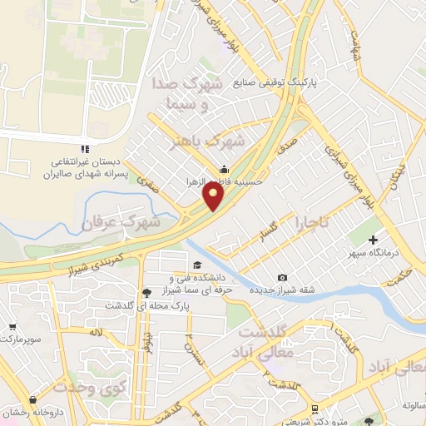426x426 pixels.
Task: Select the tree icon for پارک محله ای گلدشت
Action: point(147,293)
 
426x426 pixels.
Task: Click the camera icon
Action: point(283,278)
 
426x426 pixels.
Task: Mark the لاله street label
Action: point(98,333)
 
